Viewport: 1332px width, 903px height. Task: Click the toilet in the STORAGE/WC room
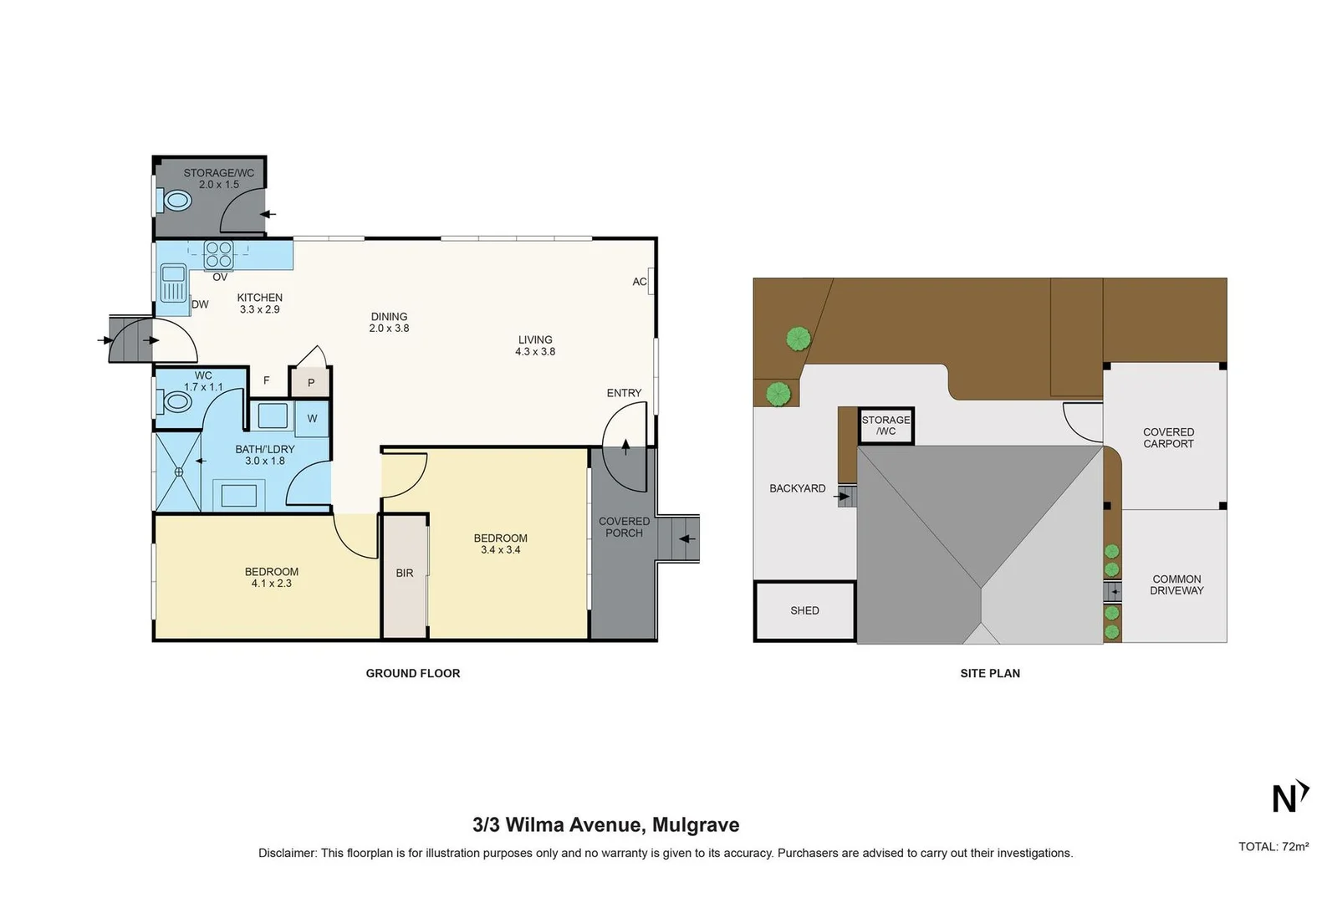pyautogui.click(x=176, y=201)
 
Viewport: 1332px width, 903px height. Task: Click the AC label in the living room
pyautogui.click(x=640, y=282)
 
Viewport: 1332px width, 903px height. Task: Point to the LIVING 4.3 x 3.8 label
pyautogui.click(x=535, y=345)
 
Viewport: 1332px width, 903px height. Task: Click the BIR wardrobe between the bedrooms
pyautogui.click(x=405, y=574)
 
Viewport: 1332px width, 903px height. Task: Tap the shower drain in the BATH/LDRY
pyautogui.click(x=179, y=472)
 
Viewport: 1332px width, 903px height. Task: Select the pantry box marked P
pyautogui.click(x=310, y=383)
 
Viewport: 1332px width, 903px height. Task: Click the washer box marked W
pyautogui.click(x=312, y=418)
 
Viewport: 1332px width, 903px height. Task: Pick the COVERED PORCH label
pyautogui.click(x=624, y=527)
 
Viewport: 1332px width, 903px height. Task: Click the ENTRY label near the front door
pyautogui.click(x=624, y=393)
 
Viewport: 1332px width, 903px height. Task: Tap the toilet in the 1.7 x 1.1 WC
pyautogui.click(x=177, y=402)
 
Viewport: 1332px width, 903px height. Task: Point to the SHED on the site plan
pyautogui.click(x=804, y=611)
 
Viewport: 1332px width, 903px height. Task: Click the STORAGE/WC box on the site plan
pyautogui.click(x=885, y=426)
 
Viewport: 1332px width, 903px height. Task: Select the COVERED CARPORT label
pyautogui.click(x=1168, y=438)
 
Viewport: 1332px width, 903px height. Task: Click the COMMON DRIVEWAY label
pyautogui.click(x=1176, y=584)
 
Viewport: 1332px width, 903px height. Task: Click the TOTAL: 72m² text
pyautogui.click(x=1273, y=846)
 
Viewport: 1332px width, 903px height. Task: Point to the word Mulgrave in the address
pyautogui.click(x=696, y=825)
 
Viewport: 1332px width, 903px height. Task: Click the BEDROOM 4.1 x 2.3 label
pyautogui.click(x=271, y=578)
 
